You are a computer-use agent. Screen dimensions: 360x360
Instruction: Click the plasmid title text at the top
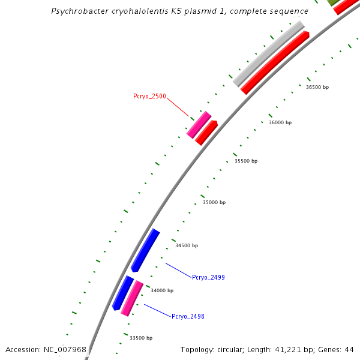pyautogui.click(x=180, y=11)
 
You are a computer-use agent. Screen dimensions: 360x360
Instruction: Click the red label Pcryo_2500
pyautogui.click(x=149, y=96)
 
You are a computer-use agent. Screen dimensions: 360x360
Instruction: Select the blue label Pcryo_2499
pyautogui.click(x=208, y=277)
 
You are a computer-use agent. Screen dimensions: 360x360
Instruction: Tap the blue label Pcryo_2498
pyautogui.click(x=188, y=316)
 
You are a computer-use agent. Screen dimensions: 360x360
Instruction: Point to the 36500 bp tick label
pyautogui.click(x=317, y=87)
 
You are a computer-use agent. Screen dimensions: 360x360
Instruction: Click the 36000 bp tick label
pyautogui.click(x=280, y=122)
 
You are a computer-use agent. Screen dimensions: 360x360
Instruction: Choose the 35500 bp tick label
pyautogui.click(x=246, y=161)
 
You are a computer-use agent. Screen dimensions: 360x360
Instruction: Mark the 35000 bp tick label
pyautogui.click(x=214, y=203)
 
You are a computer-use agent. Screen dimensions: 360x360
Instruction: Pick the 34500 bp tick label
pyautogui.click(x=187, y=245)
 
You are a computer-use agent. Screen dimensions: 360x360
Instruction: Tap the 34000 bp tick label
pyautogui.click(x=162, y=290)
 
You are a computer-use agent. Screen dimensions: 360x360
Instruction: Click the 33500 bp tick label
pyautogui.click(x=141, y=338)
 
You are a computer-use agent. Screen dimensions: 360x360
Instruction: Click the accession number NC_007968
pyautogui.click(x=64, y=349)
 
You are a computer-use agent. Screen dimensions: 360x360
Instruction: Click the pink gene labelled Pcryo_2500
pyautogui.click(x=199, y=125)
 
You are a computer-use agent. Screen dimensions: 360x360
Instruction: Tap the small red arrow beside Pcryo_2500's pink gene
pyautogui.click(x=207, y=132)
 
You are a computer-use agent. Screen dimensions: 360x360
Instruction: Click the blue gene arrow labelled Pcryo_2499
pyautogui.click(x=145, y=250)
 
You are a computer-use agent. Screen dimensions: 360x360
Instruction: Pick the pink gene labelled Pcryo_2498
pyautogui.click(x=132, y=298)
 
